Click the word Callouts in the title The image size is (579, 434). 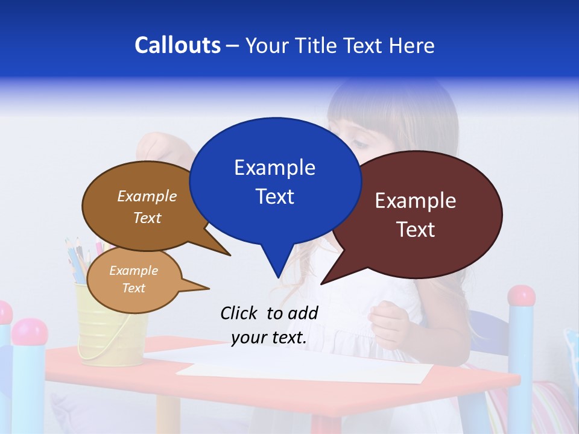click(177, 45)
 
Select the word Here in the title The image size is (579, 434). click(411, 45)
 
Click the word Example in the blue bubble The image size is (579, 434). click(274, 168)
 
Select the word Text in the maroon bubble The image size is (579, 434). click(416, 230)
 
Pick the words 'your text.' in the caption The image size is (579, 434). click(269, 338)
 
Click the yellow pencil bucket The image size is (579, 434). click(112, 338)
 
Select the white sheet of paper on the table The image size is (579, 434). click(302, 365)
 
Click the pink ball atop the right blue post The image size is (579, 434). click(521, 295)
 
